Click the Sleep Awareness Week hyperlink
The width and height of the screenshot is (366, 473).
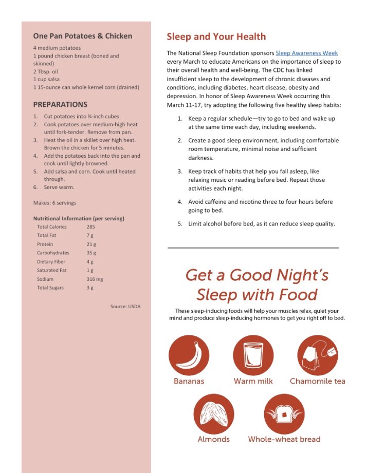pos(306,53)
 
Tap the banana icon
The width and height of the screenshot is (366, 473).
pos(189,355)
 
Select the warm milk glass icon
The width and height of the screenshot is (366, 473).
pos(253,355)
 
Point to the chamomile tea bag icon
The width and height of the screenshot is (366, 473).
pos(317,355)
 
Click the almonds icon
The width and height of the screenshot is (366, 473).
pos(214,414)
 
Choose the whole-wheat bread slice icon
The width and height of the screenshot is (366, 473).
pos(284,414)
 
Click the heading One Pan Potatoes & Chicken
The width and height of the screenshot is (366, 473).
pos(82,36)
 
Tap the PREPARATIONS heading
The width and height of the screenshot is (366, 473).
pos(60,104)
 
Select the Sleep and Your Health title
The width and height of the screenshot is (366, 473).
pos(216,36)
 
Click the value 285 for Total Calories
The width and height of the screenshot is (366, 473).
pos(91,226)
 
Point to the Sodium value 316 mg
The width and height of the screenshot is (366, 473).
pos(95,279)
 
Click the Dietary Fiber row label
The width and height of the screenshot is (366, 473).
pos(51,261)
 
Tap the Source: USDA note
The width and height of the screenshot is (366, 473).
pos(125,307)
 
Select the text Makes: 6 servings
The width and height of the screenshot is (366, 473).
pos(54,203)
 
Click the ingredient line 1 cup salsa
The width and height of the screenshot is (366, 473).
pos(47,80)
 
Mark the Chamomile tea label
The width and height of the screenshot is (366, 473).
pos(317,381)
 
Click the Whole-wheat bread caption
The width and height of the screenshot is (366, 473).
pos(284,439)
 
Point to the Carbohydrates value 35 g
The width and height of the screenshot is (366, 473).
pos(91,253)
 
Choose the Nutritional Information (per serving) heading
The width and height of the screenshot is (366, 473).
pos(79,218)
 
